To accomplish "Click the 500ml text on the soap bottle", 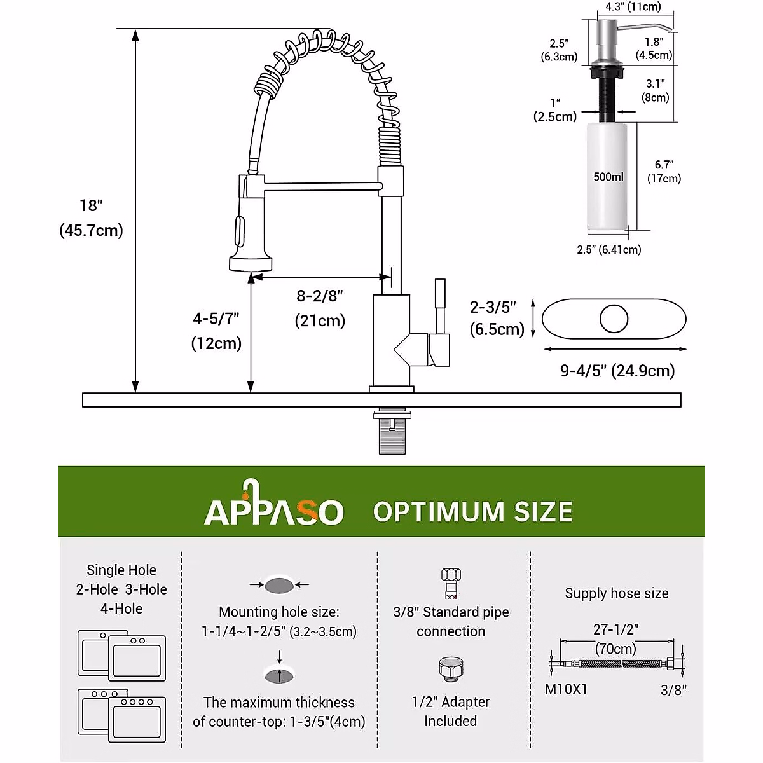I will (x=608, y=177).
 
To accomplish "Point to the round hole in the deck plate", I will (x=614, y=319).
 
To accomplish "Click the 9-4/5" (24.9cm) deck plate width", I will (x=617, y=371).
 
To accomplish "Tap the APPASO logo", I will (x=274, y=506).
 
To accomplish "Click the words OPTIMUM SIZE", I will (x=472, y=512).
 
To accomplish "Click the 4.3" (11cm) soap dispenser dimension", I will (x=633, y=7).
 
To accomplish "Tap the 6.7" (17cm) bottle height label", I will (x=664, y=172).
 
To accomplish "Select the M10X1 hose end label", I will (x=566, y=689).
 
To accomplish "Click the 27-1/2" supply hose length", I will (x=615, y=629).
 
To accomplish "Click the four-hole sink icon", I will (x=137, y=718).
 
